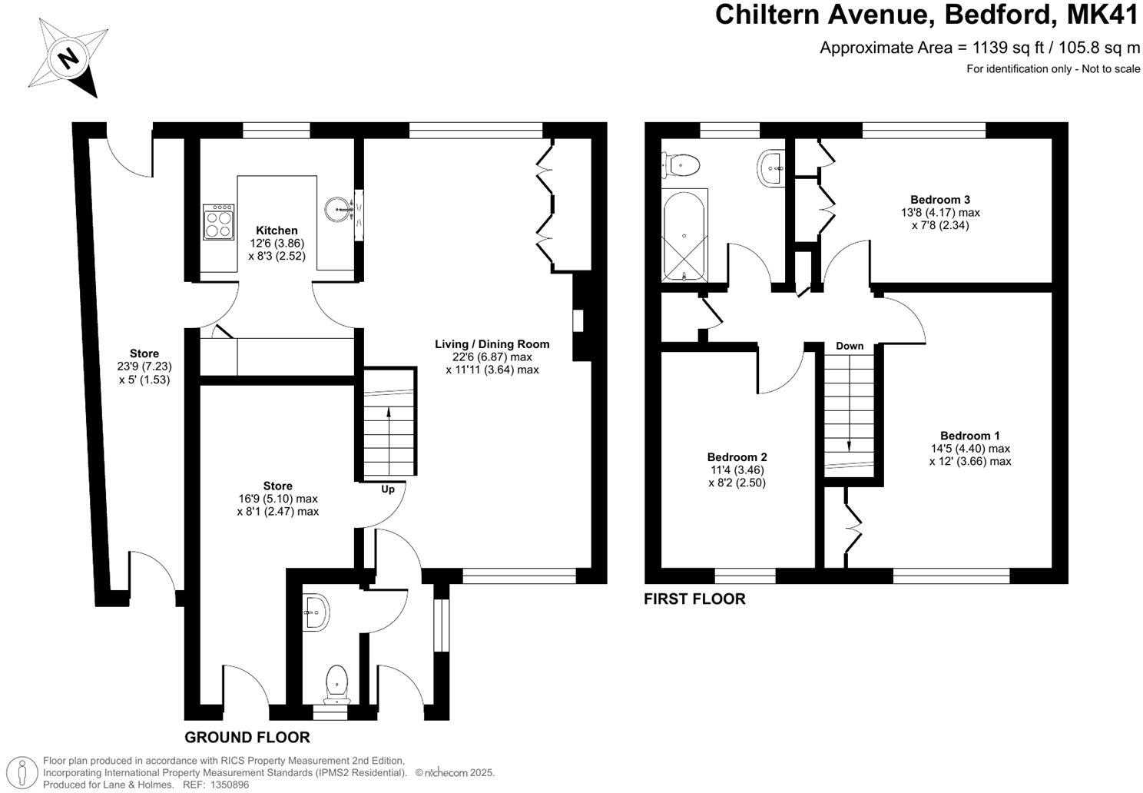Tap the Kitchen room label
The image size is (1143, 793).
(277, 231)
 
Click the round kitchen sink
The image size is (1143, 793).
(338, 208)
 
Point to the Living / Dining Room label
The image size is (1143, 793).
(492, 344)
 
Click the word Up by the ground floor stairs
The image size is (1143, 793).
(388, 489)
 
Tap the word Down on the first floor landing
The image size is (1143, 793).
(850, 346)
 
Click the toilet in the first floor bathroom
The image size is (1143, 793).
(682, 164)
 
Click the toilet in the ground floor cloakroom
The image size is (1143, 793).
(336, 682)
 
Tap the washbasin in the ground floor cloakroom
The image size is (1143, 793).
(316, 612)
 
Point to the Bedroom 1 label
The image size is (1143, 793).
(969, 436)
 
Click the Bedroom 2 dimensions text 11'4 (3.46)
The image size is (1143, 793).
(737, 470)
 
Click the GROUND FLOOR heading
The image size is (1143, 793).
(247, 738)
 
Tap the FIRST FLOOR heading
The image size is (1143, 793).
(694, 599)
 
